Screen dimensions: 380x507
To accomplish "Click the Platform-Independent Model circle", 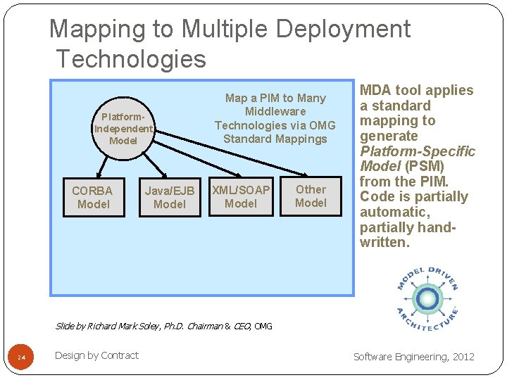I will (123, 129).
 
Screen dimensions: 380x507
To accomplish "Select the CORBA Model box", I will (93, 197).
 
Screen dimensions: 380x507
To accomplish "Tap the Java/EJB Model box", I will (169, 197).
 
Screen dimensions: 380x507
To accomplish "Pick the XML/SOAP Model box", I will (241, 196).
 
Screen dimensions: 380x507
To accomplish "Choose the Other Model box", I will (311, 196).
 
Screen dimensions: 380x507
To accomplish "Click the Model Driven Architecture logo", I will (427, 300).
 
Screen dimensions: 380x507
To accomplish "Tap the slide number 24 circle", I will (22, 359).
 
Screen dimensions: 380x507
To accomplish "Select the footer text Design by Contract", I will (96, 355).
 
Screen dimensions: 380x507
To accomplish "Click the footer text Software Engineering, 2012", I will (414, 357).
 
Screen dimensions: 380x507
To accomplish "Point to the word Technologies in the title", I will (131, 59).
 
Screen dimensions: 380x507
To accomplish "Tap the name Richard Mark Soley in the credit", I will (123, 326).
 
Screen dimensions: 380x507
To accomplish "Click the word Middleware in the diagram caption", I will (275, 111).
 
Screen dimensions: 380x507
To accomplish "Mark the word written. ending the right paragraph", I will (384, 243).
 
